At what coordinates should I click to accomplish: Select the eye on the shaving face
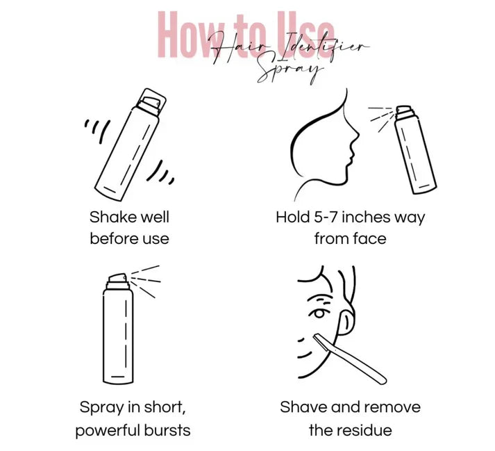click(317, 313)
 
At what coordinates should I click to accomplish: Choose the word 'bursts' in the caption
click(167, 430)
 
